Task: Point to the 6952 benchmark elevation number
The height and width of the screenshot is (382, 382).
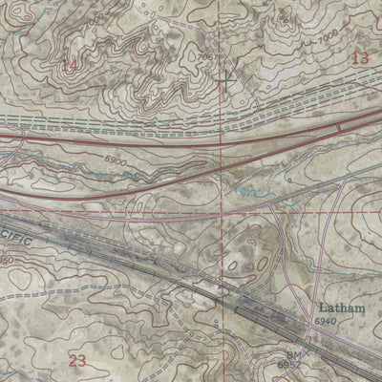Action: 262,365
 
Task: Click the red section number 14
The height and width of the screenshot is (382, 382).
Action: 69,64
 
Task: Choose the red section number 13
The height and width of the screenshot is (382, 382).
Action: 359,58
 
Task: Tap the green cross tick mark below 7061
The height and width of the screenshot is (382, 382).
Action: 222,83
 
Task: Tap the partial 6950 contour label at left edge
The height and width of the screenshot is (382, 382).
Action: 6,260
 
